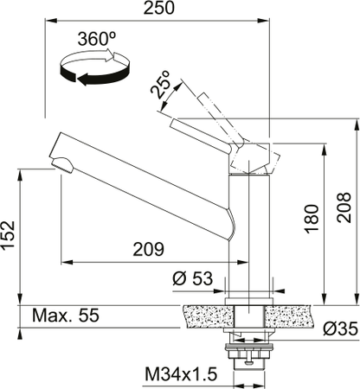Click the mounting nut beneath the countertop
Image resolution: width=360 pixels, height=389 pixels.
[x=249, y=350]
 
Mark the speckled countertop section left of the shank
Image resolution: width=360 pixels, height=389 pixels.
[x=206, y=318]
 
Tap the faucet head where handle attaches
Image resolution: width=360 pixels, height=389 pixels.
[x=251, y=158]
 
